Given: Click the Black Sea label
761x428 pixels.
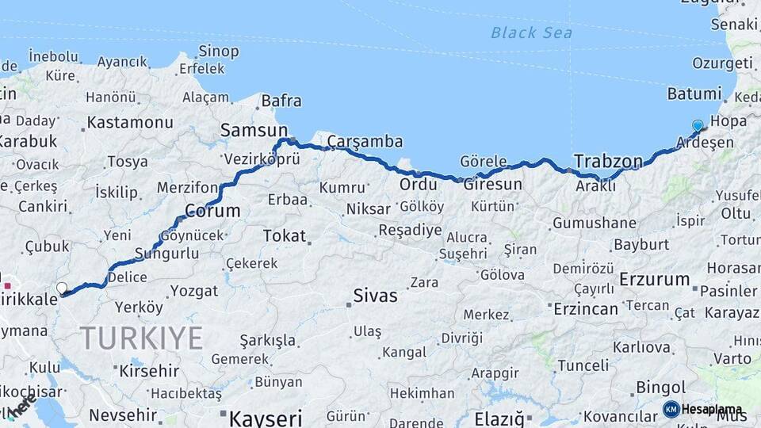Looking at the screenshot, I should tap(531, 32).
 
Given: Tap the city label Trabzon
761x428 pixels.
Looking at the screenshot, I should tap(608, 161).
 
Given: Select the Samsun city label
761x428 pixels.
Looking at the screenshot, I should tap(254, 129).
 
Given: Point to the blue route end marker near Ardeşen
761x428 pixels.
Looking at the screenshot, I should tap(698, 125).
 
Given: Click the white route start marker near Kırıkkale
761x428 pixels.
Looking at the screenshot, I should tap(62, 288).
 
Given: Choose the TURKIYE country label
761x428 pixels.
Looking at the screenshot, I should tap(141, 338).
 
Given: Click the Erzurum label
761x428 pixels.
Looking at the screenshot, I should tap(655, 279).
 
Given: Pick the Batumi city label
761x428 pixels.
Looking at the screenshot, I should tap(694, 94).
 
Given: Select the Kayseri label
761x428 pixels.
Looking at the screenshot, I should tap(266, 417).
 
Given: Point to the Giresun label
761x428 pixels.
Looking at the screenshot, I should tap(492, 185).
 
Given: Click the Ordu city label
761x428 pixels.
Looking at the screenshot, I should tap(418, 184).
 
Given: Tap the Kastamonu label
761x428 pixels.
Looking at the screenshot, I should tap(130, 123).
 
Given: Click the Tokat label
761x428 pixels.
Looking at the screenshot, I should tap(283, 235).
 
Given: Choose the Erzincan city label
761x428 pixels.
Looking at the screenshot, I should tap(585, 308).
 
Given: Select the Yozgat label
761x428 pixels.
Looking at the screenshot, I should tap(193, 291).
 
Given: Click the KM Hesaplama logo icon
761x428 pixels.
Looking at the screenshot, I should tap(671, 409).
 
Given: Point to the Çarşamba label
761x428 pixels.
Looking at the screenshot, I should tap(365, 142).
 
